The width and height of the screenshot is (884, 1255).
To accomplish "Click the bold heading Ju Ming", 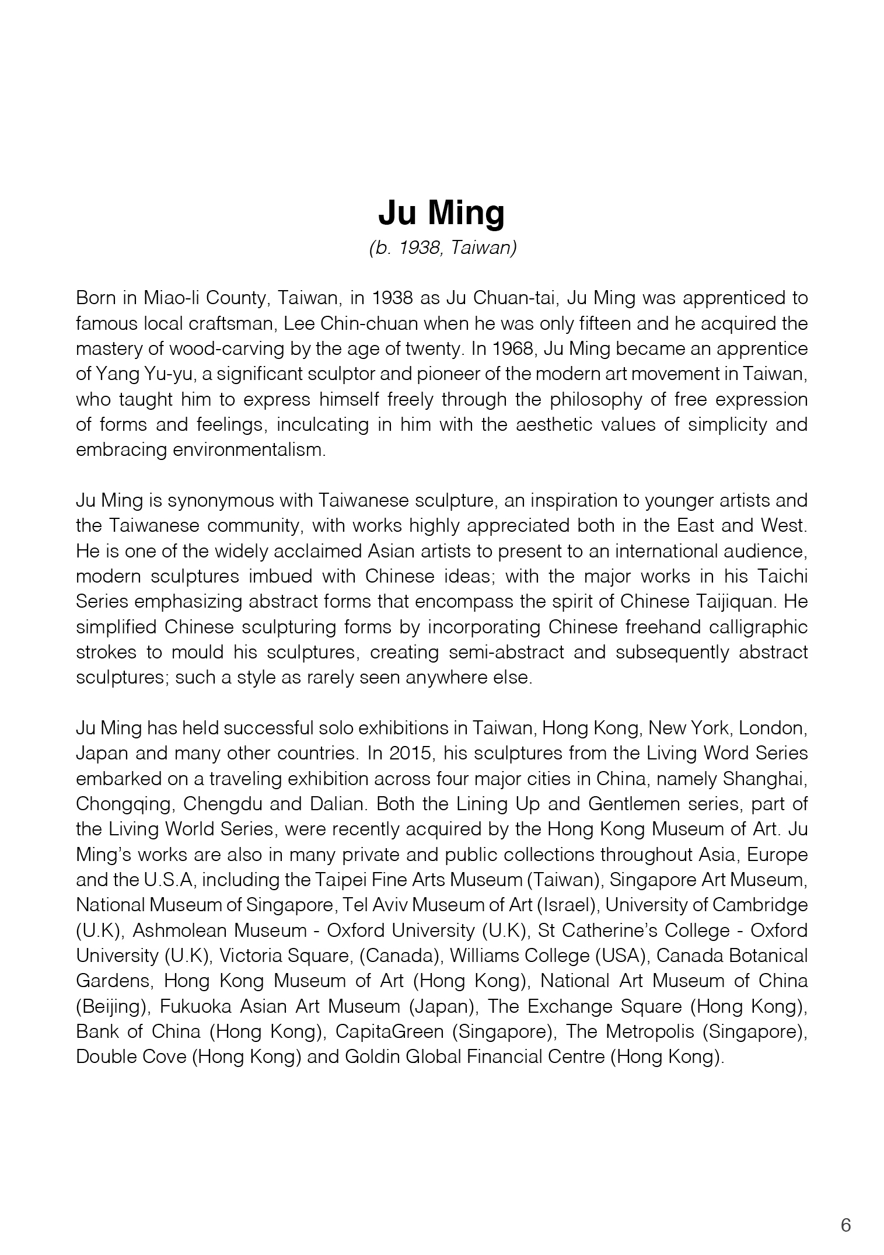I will [442, 214].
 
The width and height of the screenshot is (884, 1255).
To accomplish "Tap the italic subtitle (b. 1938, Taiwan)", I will [442, 248].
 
